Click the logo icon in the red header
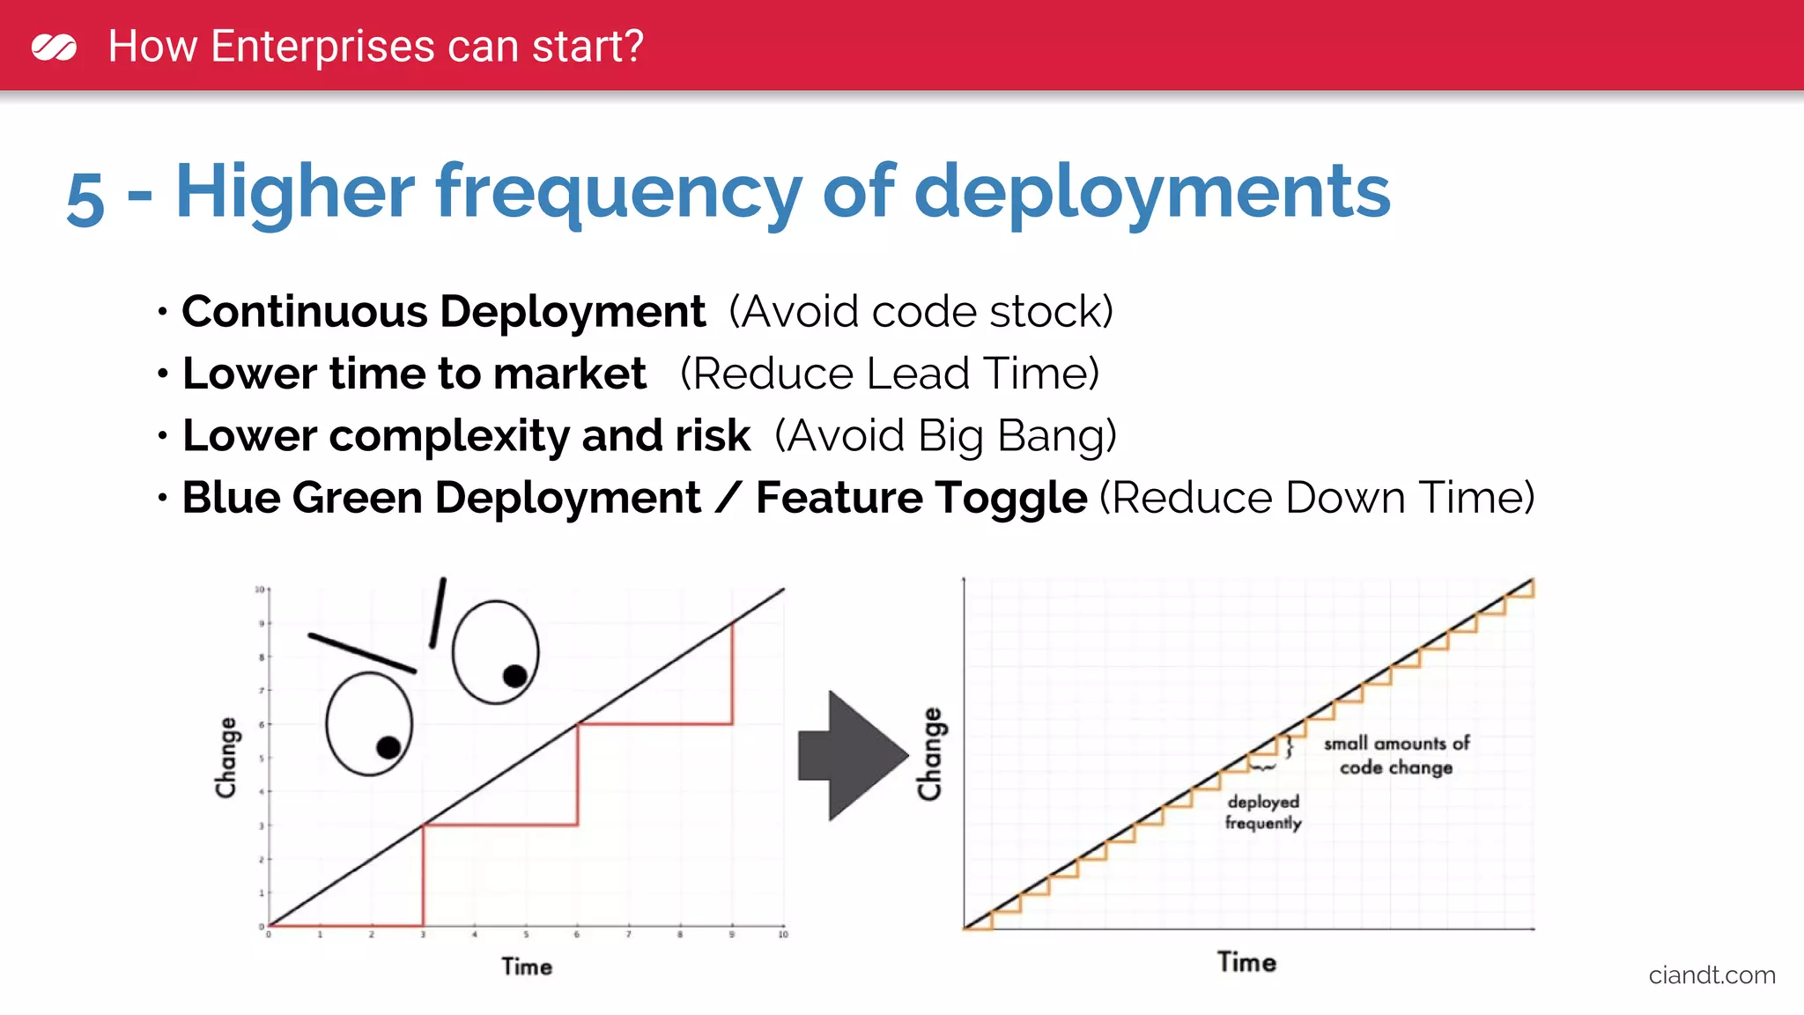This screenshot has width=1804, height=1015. [x=54, y=47]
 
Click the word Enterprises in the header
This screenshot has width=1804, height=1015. [x=322, y=46]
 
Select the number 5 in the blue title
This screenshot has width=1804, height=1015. [x=85, y=198]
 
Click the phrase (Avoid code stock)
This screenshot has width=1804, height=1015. [x=920, y=312]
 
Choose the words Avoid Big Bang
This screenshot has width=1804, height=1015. [x=945, y=436]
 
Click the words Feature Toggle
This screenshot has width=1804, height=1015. [x=920, y=498]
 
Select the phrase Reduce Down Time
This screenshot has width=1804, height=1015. [x=1317, y=498]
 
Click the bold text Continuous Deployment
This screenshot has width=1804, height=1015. [x=443, y=312]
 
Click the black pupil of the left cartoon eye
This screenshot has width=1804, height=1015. [x=388, y=747]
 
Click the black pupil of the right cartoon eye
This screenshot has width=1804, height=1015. [x=515, y=676]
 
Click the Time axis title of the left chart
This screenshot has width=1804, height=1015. [x=527, y=967]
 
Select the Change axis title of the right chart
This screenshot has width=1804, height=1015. [x=930, y=754]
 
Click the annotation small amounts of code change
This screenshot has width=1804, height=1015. [x=1396, y=755]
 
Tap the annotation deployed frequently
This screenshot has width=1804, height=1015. [x=1263, y=812]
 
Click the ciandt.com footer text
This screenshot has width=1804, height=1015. [x=1712, y=975]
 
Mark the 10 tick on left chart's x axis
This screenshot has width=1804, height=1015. [x=782, y=934]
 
